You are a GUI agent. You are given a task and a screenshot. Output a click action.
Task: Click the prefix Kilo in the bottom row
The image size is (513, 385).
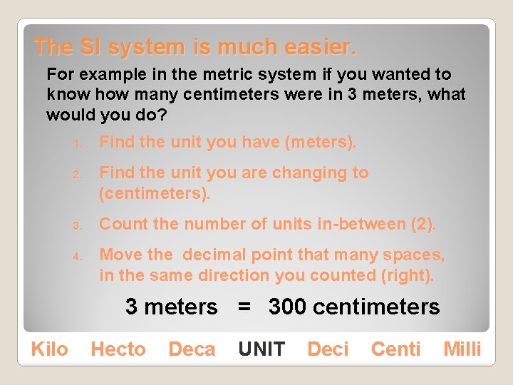click(50, 349)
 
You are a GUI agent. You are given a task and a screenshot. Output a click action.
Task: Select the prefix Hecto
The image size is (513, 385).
click(118, 349)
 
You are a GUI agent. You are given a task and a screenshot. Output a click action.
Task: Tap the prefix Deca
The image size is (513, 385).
click(192, 349)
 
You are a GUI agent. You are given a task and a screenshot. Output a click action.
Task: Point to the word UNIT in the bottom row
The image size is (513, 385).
click(261, 349)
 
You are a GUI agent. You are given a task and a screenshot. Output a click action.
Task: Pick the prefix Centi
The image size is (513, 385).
click(395, 349)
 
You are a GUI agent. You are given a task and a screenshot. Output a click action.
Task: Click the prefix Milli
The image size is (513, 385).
click(462, 349)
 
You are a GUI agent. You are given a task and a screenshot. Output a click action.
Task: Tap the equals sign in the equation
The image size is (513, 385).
click(244, 307)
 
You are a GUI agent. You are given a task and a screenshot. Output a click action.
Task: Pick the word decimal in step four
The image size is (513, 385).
click(210, 255)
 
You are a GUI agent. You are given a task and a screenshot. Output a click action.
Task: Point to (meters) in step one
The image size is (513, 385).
click(320, 143)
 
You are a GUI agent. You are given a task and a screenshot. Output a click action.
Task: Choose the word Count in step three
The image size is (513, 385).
click(120, 224)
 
